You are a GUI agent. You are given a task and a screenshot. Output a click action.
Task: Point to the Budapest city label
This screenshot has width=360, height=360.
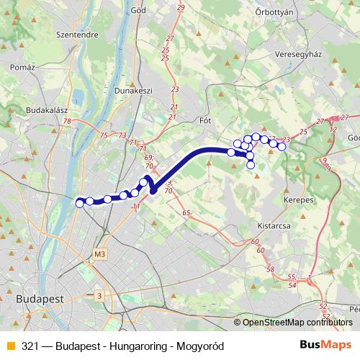40,297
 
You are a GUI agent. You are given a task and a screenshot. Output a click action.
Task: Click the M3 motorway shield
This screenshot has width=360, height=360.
99,254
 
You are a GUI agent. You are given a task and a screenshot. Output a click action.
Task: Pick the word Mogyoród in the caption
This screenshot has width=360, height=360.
200,346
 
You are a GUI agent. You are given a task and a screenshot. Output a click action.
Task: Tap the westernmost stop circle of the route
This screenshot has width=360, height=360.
80,204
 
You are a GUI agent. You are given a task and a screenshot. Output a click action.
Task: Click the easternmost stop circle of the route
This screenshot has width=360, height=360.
282,147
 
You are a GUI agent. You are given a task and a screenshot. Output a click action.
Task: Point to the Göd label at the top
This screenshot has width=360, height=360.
140,12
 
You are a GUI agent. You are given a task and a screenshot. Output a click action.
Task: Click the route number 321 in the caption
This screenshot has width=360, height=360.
30,346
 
